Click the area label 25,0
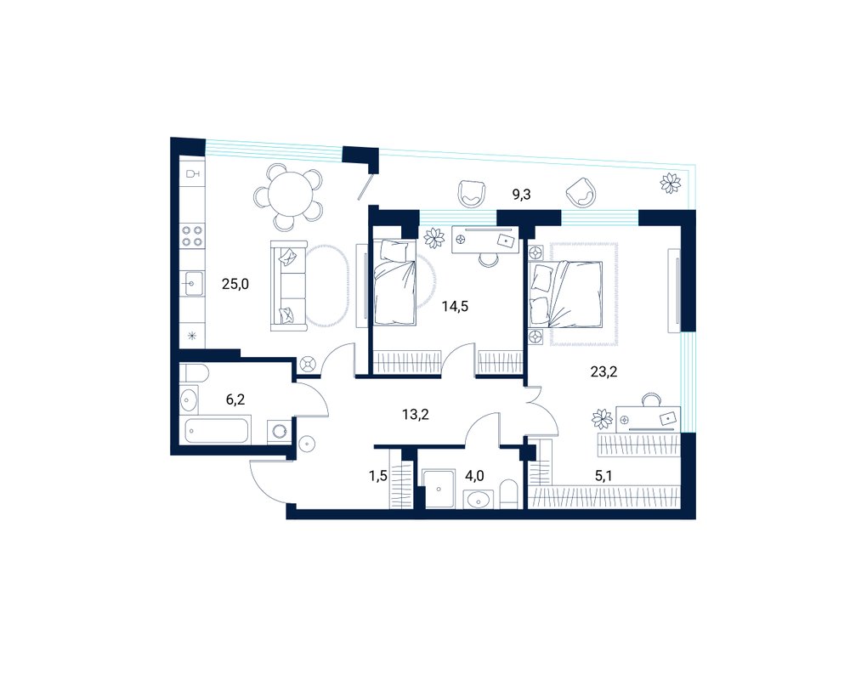click(235, 283)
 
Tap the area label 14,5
click(455, 307)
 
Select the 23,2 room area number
click(603, 371)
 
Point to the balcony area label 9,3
click(522, 195)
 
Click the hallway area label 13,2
click(416, 415)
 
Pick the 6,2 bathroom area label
click(235, 400)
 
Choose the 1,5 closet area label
click(378, 476)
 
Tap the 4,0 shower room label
click(474, 476)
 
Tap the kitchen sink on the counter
click(192, 284)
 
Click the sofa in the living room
click(288, 286)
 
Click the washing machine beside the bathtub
click(279, 432)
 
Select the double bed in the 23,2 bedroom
click(567, 295)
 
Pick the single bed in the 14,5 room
click(394, 282)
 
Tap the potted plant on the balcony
click(671, 183)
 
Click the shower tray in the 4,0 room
click(438, 490)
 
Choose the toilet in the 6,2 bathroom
click(194, 373)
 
